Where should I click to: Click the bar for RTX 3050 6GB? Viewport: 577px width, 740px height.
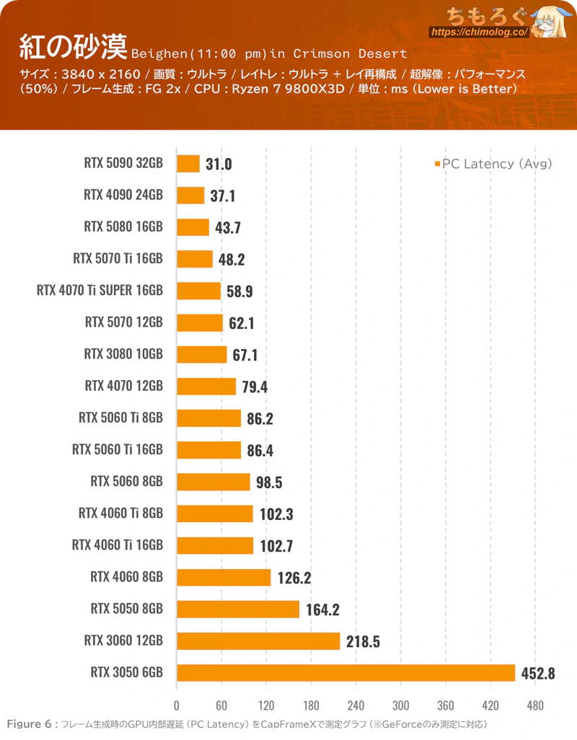click(x=345, y=673)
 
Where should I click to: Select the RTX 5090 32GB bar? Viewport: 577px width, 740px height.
click(x=188, y=164)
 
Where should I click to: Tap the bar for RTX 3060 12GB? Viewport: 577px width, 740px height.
click(x=258, y=640)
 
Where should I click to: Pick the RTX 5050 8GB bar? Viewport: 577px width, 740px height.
click(x=238, y=609)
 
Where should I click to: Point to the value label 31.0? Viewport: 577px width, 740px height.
click(x=219, y=164)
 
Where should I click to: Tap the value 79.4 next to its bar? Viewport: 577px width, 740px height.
click(x=255, y=387)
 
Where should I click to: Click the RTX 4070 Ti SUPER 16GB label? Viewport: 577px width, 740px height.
click(x=100, y=291)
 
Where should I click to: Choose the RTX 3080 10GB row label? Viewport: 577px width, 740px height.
click(x=123, y=354)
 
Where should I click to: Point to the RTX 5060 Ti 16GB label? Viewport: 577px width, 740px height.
click(x=118, y=450)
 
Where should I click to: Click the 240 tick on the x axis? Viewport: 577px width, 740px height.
click(x=356, y=705)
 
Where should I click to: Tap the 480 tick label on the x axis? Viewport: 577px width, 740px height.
click(x=535, y=705)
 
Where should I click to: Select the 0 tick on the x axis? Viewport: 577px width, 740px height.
click(x=177, y=705)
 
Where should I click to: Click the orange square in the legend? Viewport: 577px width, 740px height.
click(x=437, y=164)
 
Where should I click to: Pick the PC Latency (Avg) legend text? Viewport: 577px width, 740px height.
click(x=497, y=164)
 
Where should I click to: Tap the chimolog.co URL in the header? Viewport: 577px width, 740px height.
click(x=480, y=32)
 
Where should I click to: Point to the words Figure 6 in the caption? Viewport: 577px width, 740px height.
click(x=29, y=724)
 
